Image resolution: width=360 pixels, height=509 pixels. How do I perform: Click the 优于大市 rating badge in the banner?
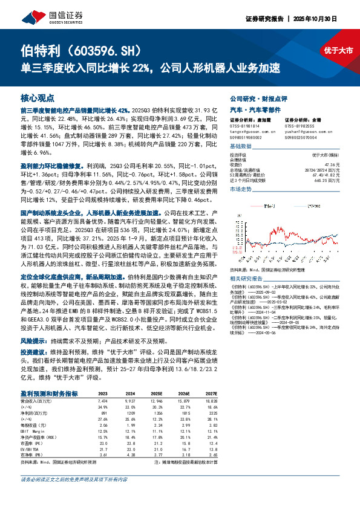pyautogui.click(x=338, y=51)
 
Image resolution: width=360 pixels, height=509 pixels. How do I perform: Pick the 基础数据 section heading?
pyautogui.click(x=240, y=147)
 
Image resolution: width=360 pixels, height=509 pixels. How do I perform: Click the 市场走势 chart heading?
pyautogui.click(x=240, y=189)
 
